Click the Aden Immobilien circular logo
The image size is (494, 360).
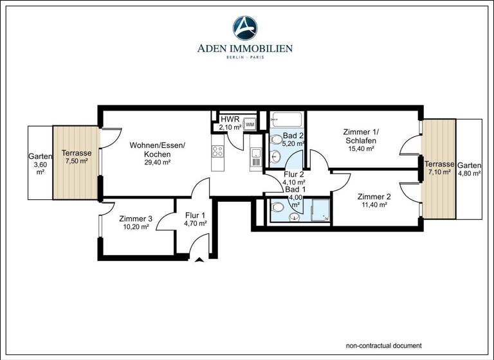(x=246, y=28)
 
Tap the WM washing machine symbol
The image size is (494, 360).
(x=250, y=124)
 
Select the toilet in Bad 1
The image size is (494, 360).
(x=279, y=207)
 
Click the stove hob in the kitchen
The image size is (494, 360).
(x=217, y=152)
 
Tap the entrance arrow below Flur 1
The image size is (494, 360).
(x=199, y=260)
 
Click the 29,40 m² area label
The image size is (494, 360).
(x=157, y=163)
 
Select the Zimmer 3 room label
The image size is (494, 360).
(x=136, y=219)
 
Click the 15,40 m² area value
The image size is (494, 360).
(x=361, y=148)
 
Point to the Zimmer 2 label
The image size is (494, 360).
(x=374, y=197)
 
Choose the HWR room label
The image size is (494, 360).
(x=230, y=120)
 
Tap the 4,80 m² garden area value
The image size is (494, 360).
(x=469, y=173)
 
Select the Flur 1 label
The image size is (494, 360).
(x=195, y=215)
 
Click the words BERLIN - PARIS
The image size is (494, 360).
(x=246, y=57)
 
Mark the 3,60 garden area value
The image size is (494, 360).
(x=40, y=165)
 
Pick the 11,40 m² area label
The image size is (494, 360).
(x=374, y=205)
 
